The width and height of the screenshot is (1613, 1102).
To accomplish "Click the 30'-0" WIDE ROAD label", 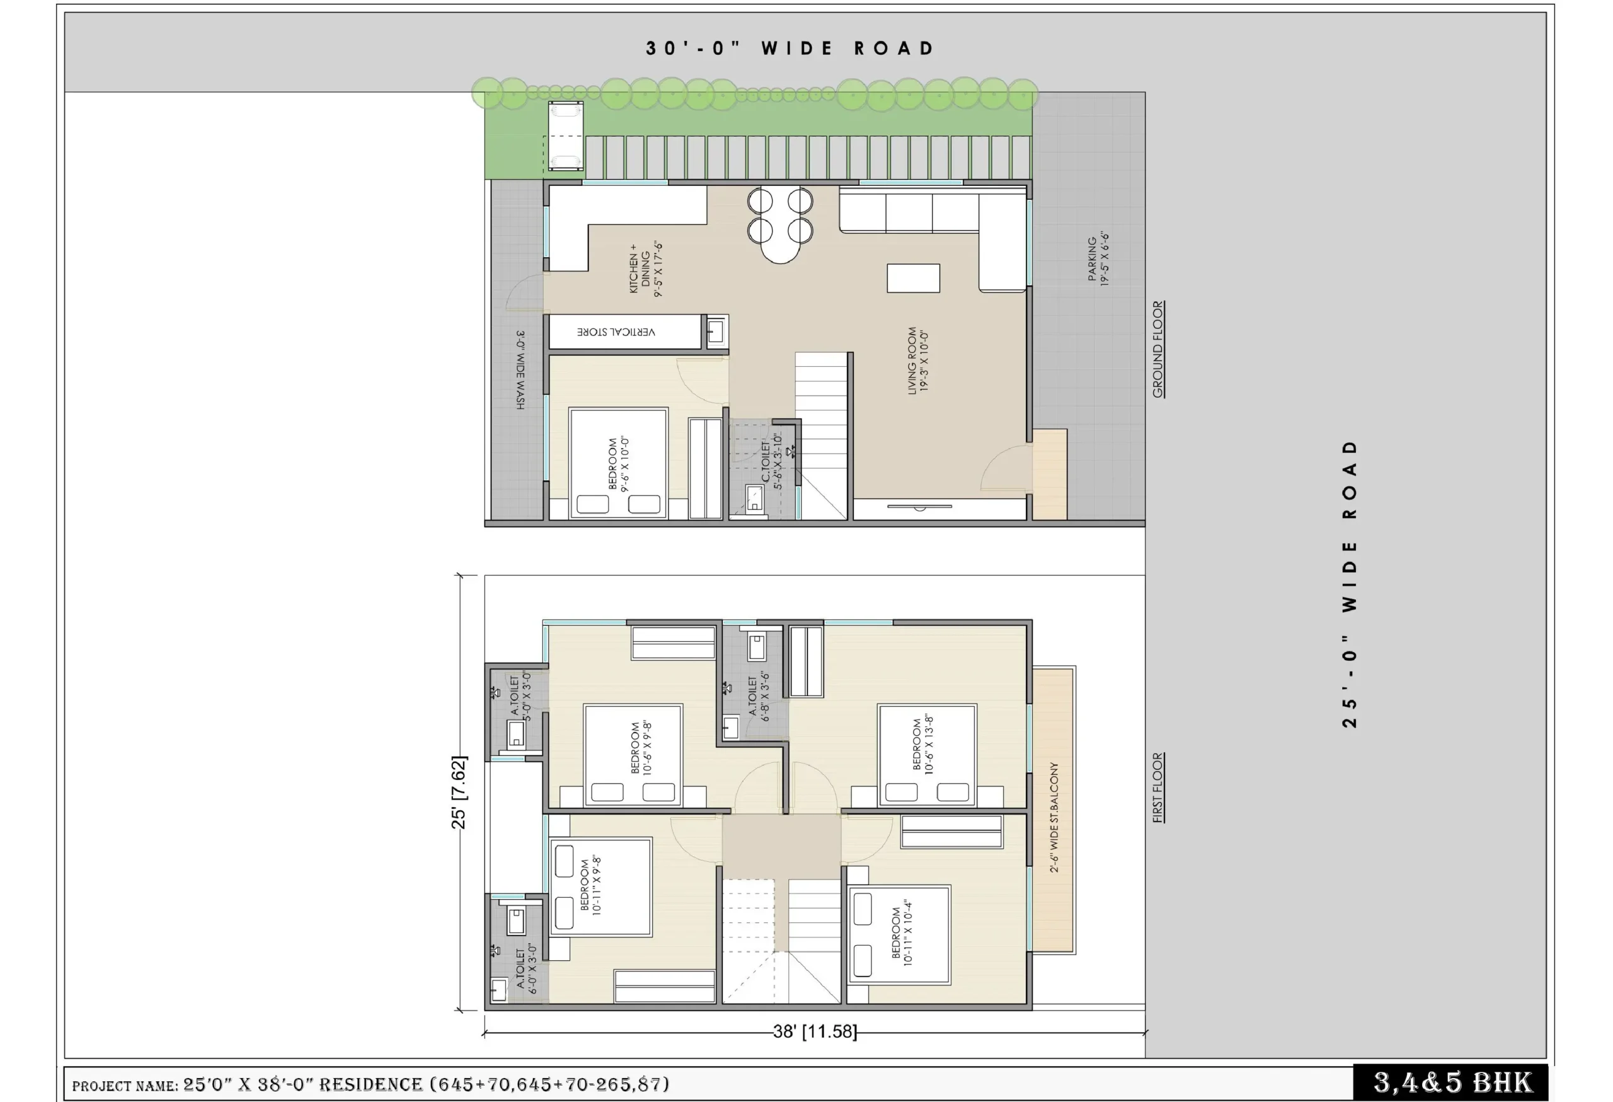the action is pos(790,49).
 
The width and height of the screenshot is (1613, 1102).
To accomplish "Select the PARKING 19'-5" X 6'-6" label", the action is pos(1098,259).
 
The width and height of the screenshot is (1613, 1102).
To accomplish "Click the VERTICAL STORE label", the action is pos(616,332).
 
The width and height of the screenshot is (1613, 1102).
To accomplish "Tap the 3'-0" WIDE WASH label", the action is pos(520,369).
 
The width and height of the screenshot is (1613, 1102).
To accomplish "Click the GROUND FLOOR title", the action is pos(1157,349).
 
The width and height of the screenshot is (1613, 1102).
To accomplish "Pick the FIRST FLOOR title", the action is pos(1157,787).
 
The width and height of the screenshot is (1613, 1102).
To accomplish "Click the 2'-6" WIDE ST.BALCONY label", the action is pos(1053,816).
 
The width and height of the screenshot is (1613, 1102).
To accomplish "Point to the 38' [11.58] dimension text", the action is pos(815,1031).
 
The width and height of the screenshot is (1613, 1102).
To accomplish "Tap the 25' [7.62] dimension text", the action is pos(459,792).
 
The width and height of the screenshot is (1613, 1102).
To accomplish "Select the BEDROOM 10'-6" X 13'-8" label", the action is pos(922,745).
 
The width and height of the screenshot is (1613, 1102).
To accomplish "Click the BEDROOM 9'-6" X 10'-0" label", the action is pos(618,464).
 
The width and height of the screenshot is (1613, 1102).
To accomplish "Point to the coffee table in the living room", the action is pos(914,279).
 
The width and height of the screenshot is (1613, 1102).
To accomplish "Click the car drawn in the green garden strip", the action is pos(566,136).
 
